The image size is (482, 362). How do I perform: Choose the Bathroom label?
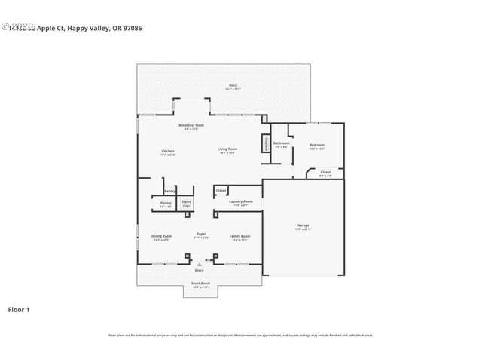pos(282,144)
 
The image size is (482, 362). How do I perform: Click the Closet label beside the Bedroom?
pos(325,173)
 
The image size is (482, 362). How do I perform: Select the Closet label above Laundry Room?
pos(221,191)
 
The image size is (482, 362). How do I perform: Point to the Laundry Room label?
pos(242,203)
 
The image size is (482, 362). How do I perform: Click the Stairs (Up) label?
pos(186,204)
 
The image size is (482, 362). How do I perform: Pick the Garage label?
pos(303,226)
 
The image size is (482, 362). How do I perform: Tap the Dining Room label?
pos(162,237)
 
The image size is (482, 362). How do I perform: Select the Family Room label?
pos(239,237)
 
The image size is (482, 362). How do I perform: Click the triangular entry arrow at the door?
pos(200,265)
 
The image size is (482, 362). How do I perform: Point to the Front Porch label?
pos(200,284)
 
